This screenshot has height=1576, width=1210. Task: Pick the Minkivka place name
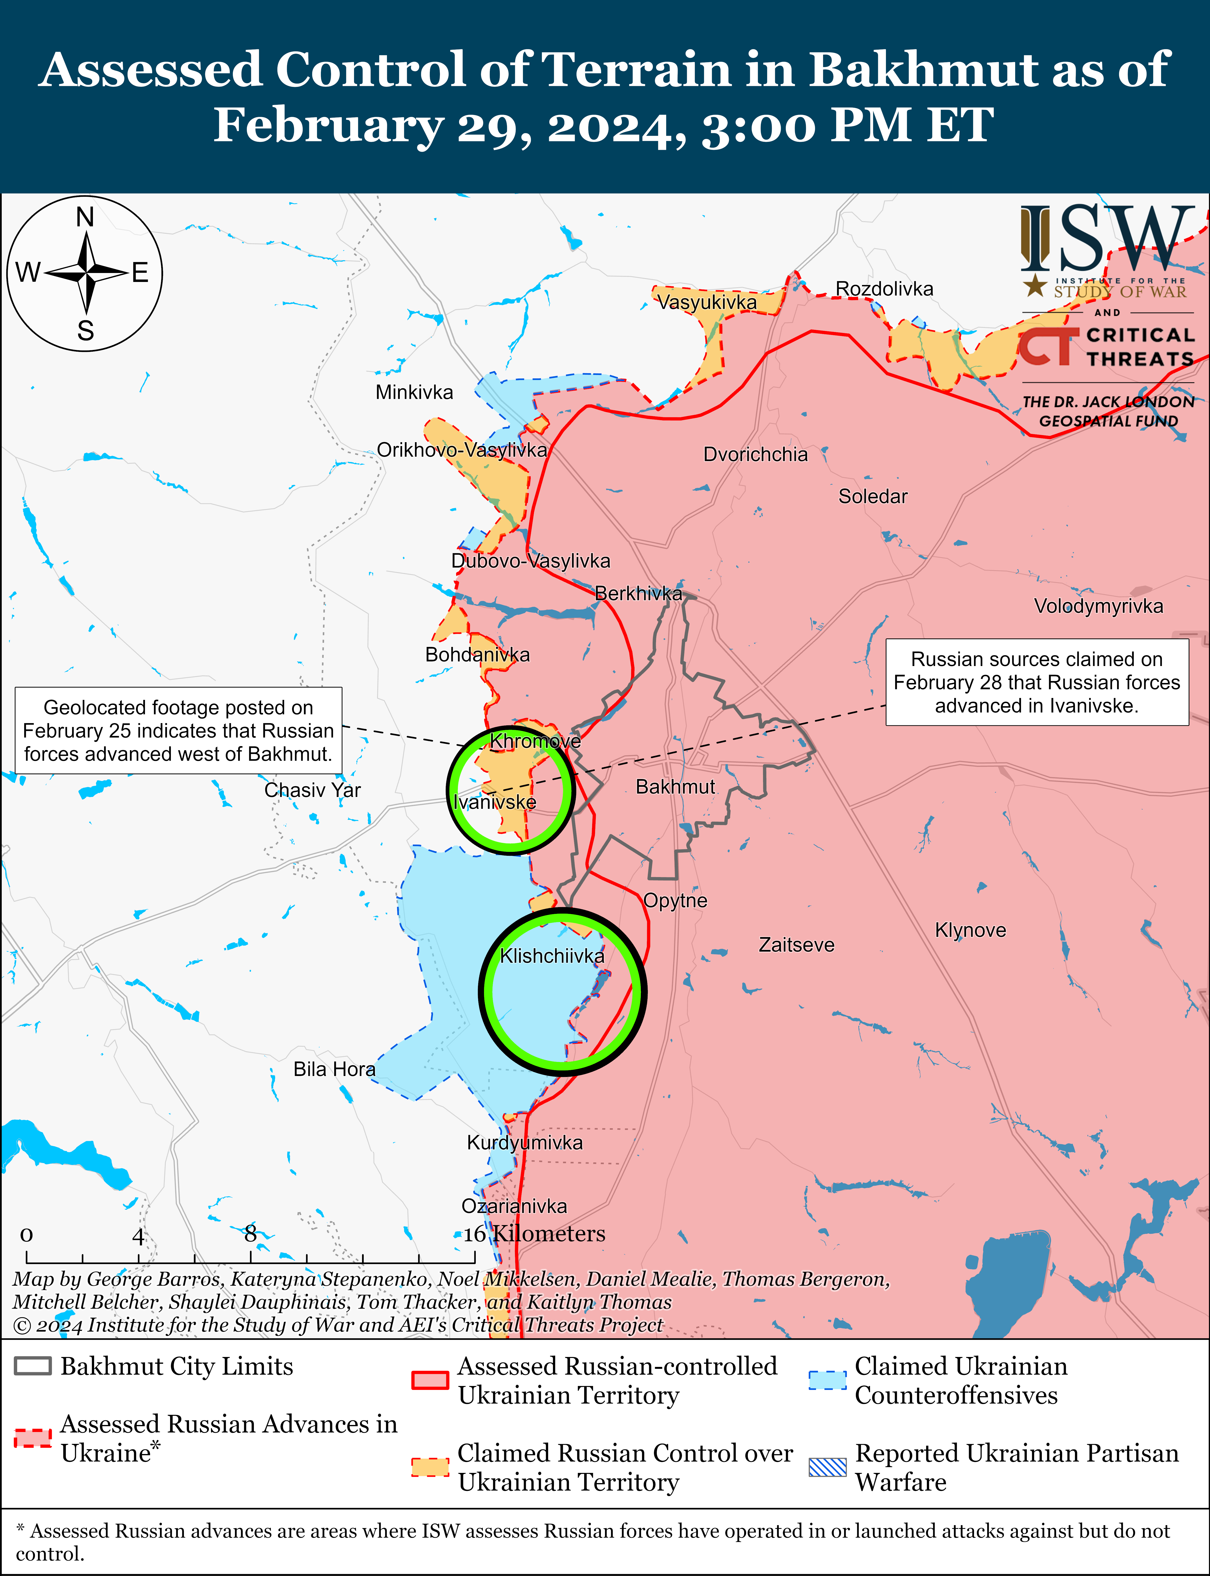point(414,393)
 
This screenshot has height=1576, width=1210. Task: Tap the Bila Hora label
point(334,1069)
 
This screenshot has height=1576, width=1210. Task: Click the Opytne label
point(675,900)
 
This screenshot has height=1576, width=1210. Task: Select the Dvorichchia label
point(756,455)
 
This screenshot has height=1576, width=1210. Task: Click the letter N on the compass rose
point(85,217)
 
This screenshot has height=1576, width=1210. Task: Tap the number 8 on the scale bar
point(250,1234)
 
